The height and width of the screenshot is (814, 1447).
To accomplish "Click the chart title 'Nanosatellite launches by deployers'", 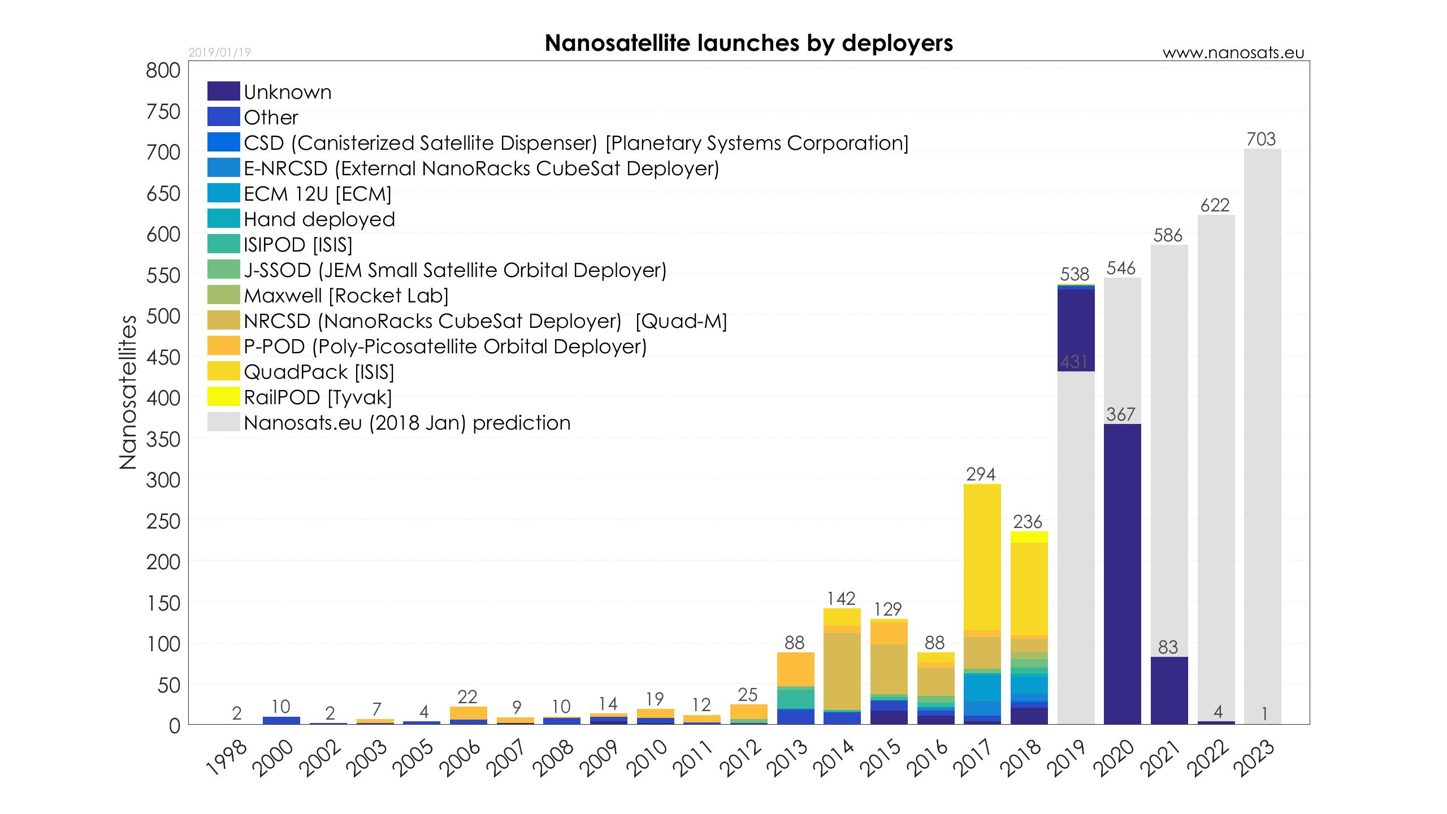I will (x=748, y=43).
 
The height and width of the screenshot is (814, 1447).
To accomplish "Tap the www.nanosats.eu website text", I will (x=1233, y=53).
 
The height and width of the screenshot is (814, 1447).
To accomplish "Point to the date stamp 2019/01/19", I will (x=219, y=53).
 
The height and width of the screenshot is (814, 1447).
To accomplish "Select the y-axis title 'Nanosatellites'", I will (x=128, y=392).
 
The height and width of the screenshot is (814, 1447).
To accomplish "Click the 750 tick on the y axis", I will (x=163, y=112).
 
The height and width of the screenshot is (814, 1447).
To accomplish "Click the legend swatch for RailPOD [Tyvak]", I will (x=223, y=396).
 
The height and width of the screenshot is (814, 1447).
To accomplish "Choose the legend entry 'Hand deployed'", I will (x=319, y=219).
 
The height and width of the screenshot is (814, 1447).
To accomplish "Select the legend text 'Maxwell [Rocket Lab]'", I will (x=346, y=296).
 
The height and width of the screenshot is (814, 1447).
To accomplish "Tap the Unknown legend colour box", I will (x=223, y=91).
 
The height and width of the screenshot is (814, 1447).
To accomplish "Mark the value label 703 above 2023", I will (x=1261, y=139).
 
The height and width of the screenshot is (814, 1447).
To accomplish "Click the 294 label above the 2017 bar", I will (x=981, y=474).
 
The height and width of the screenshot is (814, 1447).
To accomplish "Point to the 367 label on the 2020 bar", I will (x=1121, y=414).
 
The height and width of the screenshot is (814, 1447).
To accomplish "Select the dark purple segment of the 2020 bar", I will (x=1122, y=574).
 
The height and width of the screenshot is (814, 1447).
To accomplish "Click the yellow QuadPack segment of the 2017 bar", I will (x=982, y=557).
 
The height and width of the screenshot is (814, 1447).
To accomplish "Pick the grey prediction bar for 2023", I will (x=1262, y=430).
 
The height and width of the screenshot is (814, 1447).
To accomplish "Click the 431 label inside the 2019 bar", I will (x=1074, y=362).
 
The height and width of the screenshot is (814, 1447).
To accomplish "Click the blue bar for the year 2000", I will (x=281, y=721).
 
